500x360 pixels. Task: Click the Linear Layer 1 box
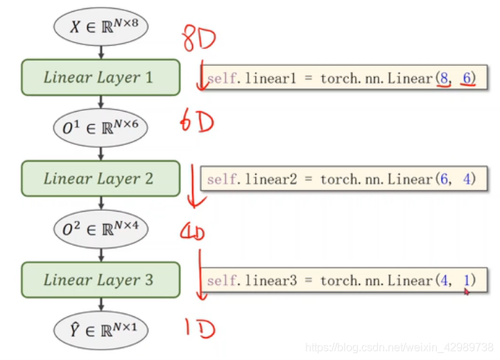point(101,77)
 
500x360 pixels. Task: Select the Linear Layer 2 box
point(101,178)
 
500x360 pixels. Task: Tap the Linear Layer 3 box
point(101,280)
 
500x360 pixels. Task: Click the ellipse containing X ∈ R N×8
point(101,27)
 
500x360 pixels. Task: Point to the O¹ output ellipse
point(101,128)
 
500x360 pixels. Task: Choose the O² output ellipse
point(101,230)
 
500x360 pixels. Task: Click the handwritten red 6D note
point(196,123)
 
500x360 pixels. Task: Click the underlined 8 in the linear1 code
point(442,78)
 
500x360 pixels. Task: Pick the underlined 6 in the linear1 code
point(467,78)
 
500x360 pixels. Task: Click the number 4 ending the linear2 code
point(467,180)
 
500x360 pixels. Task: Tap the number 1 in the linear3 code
point(467,281)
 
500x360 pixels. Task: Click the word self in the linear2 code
point(221,180)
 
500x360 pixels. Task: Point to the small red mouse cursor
point(467,292)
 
